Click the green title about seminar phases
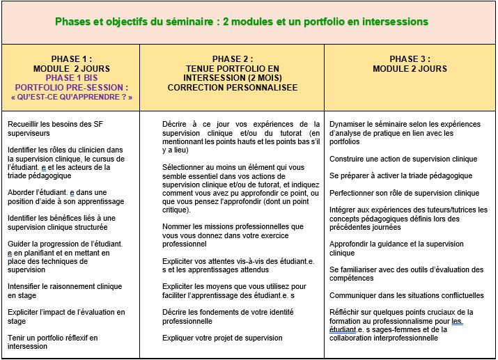click(241, 22)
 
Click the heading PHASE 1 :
click(72, 59)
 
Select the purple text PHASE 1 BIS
click(72, 78)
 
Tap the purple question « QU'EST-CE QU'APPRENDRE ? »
click(72, 97)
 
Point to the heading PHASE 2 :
click(233, 59)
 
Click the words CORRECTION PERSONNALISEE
click(233, 88)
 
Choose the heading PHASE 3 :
click(410, 59)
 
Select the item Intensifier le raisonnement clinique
click(65, 285)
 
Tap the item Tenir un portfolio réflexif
click(53, 337)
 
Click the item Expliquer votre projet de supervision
click(222, 338)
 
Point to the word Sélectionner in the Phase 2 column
click(183, 167)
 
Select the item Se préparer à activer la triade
click(400, 175)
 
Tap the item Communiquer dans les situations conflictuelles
click(407, 295)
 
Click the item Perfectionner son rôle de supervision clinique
click(405, 193)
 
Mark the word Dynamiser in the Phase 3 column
click(348, 124)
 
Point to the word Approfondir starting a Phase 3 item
click(351, 244)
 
